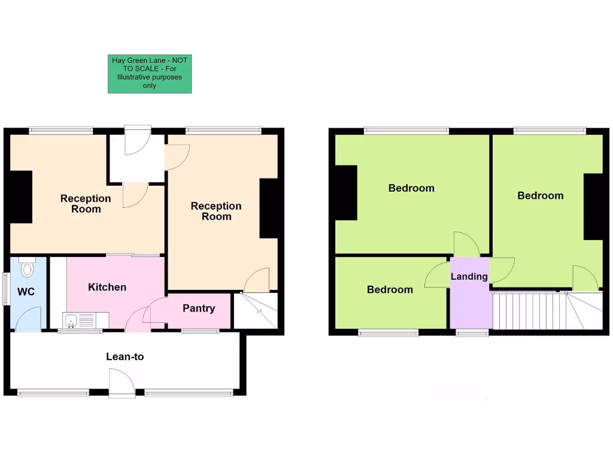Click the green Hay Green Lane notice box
[x=150, y=74]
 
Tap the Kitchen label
[x=107, y=287]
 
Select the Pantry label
[x=199, y=308]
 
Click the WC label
[x=26, y=292]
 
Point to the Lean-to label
[x=125, y=357]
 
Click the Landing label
[x=469, y=277]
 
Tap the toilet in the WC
[x=27, y=268]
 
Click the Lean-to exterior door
[x=122, y=383]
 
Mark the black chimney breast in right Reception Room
[x=269, y=208]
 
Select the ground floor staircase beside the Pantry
[x=256, y=310]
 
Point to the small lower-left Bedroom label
[x=390, y=290]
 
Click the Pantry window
[x=200, y=331]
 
